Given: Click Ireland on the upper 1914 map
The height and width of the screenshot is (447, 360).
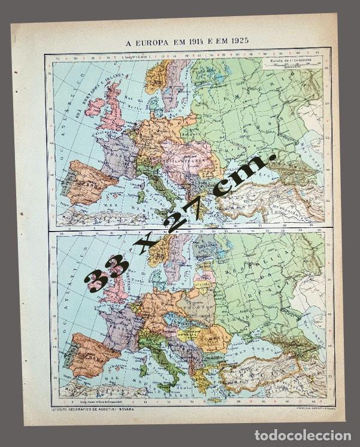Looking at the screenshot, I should click(x=95, y=107).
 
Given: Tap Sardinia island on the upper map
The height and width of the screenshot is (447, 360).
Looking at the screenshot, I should click(x=141, y=195).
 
